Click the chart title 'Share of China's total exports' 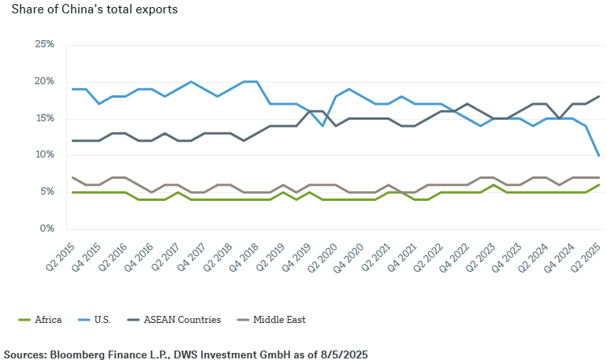[x=95, y=10]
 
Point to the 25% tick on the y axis [x=45, y=45]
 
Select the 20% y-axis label [x=45, y=82]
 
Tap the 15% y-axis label [x=45, y=118]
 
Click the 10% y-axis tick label [x=45, y=155]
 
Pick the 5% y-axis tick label [x=47, y=191]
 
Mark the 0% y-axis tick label [x=47, y=228]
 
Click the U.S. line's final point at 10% [x=599, y=155]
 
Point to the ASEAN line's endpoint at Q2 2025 [x=599, y=96]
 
